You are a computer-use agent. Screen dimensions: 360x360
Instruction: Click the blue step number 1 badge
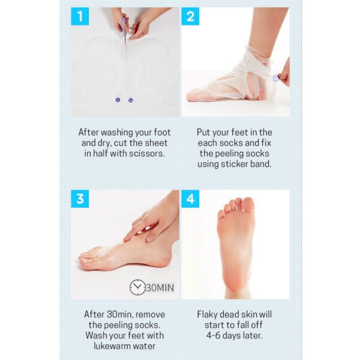[80, 16]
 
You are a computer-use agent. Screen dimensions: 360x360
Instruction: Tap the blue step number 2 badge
[190, 16]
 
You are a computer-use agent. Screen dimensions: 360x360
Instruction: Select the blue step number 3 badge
[80, 199]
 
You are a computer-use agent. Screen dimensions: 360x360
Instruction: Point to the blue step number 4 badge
[190, 199]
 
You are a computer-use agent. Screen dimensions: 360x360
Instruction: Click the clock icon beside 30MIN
[137, 287]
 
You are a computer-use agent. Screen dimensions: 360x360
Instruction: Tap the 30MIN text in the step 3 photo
[160, 288]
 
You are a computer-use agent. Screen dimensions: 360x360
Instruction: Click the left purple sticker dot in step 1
[118, 100]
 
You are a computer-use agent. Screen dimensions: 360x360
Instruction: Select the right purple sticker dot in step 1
[130, 100]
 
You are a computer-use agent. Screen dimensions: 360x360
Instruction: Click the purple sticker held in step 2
[275, 77]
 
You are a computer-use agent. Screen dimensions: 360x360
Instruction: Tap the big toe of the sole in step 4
[247, 206]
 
